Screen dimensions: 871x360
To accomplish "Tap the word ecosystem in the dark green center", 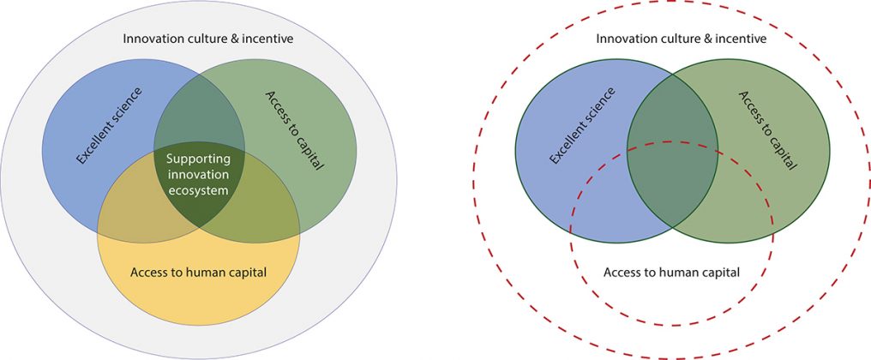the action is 198,190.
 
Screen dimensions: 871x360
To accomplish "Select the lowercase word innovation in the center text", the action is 199,175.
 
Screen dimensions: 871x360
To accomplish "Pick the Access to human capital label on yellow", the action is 198,273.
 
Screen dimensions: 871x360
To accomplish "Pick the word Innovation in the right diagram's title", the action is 619,39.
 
